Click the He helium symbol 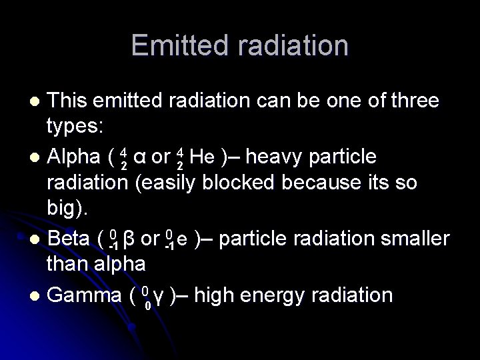[201, 157]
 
